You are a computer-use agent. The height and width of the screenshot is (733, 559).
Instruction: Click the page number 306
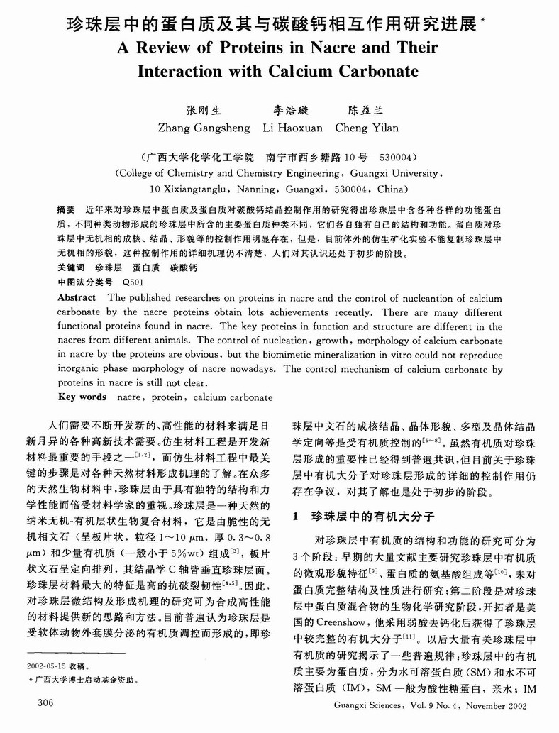tap(35, 702)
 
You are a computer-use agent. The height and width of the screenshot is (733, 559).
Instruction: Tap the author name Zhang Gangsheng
tap(202, 128)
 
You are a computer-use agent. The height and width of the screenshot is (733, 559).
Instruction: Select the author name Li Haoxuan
tap(292, 128)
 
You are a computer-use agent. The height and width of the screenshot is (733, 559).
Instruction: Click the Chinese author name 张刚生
tap(203, 111)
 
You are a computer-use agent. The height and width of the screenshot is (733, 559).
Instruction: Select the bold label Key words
tap(81, 396)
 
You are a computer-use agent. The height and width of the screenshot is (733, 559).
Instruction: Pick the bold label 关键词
tap(71, 268)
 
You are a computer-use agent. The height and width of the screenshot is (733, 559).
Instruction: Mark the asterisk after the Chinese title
tap(483, 21)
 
